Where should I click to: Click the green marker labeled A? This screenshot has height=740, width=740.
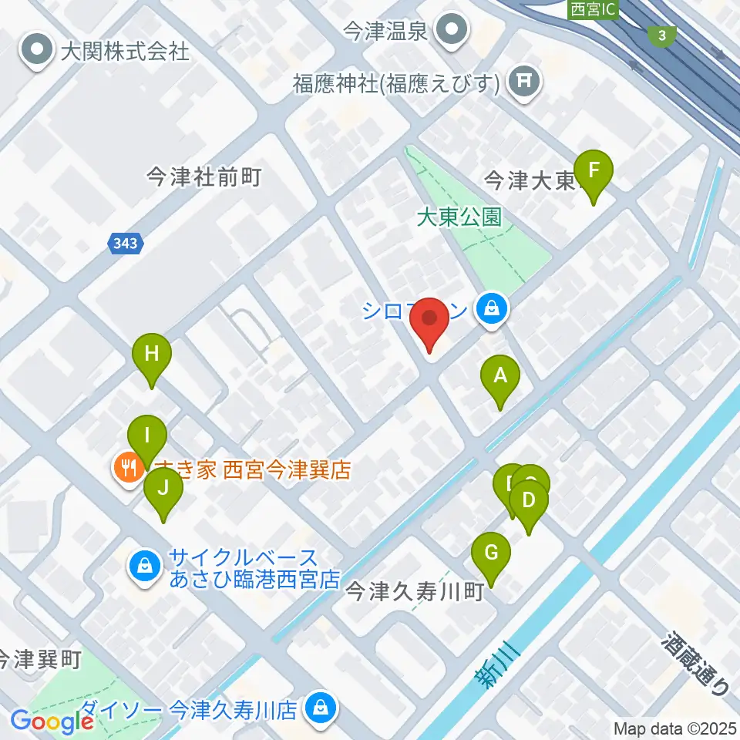click(x=500, y=377)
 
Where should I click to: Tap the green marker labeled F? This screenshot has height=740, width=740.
click(x=594, y=170)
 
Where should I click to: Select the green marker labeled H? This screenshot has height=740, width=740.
click(x=152, y=355)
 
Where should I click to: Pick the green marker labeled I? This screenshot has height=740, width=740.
click(x=147, y=436)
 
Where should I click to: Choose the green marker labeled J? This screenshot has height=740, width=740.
click(x=163, y=488)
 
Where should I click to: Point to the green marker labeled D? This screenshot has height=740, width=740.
click(x=529, y=502)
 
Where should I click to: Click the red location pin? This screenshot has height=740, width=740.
click(x=428, y=318)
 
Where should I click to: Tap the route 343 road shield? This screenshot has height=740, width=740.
click(x=124, y=244)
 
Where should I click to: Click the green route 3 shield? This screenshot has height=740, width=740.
click(x=662, y=35)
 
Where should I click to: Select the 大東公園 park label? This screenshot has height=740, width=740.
click(x=459, y=217)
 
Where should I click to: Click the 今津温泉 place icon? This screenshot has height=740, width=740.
click(x=451, y=31)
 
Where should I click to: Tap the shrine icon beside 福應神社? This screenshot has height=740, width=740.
click(x=526, y=81)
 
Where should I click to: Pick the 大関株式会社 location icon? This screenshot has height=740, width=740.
click(x=37, y=52)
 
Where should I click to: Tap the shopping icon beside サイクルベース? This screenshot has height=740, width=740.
click(x=144, y=567)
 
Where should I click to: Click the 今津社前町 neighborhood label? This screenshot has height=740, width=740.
click(x=204, y=178)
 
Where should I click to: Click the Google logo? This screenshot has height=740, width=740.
click(x=52, y=721)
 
